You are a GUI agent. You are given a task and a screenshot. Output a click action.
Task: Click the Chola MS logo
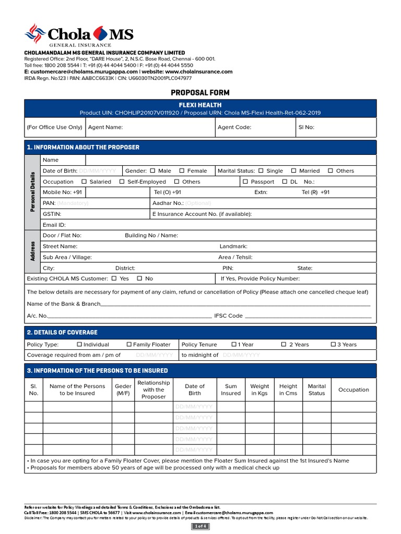point(79,35)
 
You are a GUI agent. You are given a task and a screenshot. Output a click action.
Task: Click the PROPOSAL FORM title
point(200,93)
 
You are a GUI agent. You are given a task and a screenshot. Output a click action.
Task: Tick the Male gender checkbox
point(152,171)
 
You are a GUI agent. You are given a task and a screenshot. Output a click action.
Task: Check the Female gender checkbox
point(182,171)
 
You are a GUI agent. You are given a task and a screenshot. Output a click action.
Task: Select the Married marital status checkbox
point(293,171)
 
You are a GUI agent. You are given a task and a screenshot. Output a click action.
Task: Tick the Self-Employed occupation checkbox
point(122,181)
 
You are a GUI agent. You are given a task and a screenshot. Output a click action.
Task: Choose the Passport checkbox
point(245,181)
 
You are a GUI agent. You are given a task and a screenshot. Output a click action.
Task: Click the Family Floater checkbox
point(129,344)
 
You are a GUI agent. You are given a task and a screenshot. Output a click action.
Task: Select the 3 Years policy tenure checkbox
point(333,344)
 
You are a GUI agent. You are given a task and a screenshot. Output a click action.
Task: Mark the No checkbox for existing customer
point(139,278)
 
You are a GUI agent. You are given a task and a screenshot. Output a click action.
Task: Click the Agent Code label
point(234,127)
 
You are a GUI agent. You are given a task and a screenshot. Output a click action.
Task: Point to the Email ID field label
point(54,225)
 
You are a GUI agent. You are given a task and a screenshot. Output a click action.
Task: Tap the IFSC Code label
point(228,315)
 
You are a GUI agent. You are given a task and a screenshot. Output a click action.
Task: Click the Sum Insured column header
point(231,390)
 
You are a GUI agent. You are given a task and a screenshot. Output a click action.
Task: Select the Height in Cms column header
point(288,390)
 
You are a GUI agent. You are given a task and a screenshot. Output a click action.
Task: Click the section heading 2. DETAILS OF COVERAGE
point(62,332)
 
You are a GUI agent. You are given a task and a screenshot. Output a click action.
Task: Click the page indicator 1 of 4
point(200,526)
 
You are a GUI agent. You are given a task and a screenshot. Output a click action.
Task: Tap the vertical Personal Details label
point(32,191)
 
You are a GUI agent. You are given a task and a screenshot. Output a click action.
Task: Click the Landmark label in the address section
point(233,246)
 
